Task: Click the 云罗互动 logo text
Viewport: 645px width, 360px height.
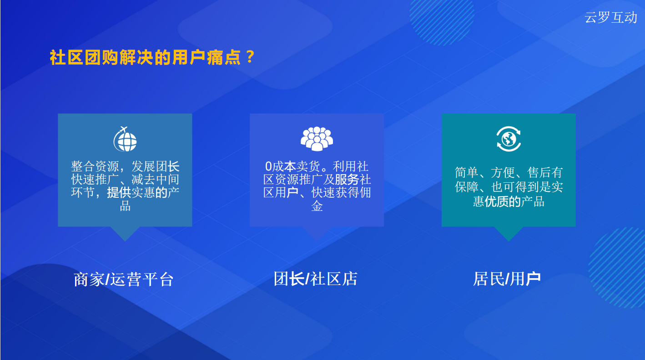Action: click(611, 18)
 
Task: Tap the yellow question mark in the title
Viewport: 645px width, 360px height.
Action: click(250, 57)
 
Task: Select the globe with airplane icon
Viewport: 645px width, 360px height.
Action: click(125, 139)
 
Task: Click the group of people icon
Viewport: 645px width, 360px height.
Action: click(317, 139)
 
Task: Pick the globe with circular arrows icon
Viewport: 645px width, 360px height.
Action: click(509, 139)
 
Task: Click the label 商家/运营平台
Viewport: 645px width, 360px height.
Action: click(124, 279)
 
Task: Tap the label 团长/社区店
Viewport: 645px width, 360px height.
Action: click(316, 279)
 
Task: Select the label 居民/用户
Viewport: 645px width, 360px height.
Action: click(507, 279)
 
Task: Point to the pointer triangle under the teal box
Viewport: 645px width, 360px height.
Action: click(509, 233)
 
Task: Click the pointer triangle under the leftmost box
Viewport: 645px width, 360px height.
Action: click(125, 233)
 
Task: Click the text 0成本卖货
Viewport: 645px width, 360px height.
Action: click(292, 166)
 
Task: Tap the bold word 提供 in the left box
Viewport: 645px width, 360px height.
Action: click(119, 193)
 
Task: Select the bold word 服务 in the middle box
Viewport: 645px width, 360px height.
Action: click(347, 180)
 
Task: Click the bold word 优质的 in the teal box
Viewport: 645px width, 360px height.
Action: click(503, 201)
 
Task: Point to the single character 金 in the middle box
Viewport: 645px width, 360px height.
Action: click(317, 206)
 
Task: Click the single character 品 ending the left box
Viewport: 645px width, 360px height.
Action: click(125, 206)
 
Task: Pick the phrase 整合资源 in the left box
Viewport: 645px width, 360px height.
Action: click(95, 166)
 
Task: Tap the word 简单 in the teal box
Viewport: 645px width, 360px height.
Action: click(467, 172)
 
